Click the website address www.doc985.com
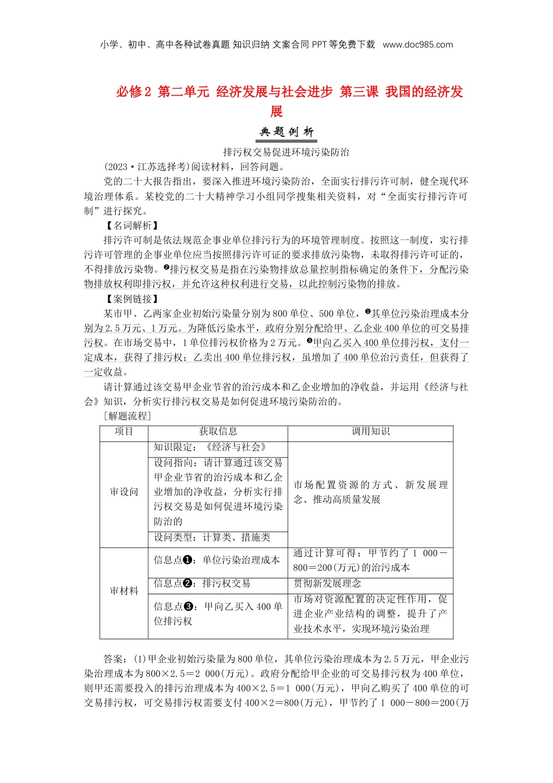[x=417, y=45]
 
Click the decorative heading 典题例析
[x=286, y=132]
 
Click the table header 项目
[x=124, y=432]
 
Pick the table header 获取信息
[x=218, y=432]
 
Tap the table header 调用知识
[x=370, y=432]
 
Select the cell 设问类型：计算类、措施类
[x=212, y=538]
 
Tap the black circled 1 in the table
[x=188, y=560]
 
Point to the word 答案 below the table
[x=114, y=659]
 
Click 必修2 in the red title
[x=133, y=92]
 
